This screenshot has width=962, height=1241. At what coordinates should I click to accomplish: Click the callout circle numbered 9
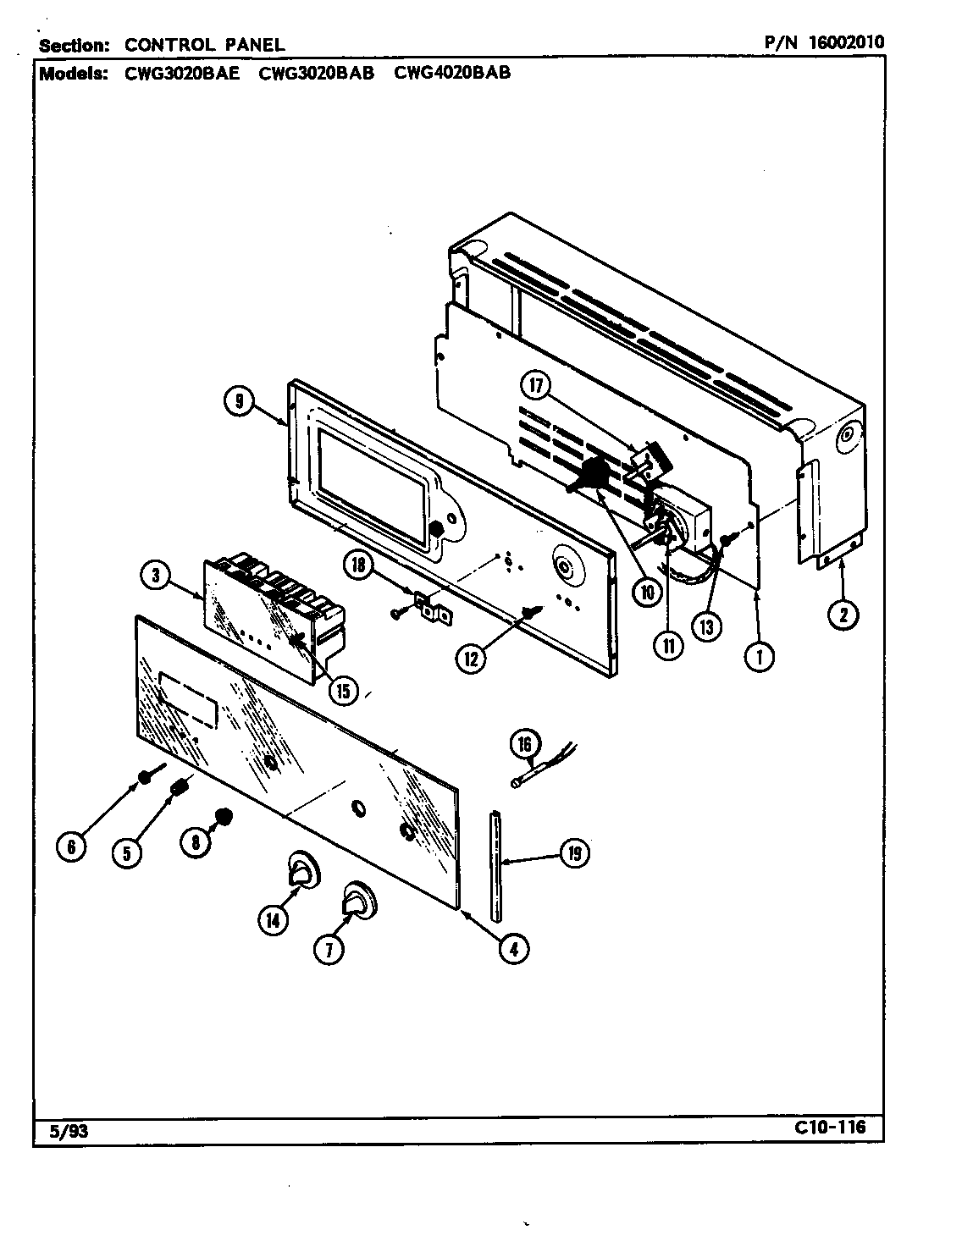click(240, 403)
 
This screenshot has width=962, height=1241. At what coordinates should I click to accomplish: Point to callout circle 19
click(574, 853)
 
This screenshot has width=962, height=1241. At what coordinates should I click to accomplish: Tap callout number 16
click(524, 745)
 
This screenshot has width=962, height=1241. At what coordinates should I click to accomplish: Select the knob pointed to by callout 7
click(360, 900)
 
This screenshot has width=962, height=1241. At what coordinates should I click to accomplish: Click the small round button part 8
click(224, 817)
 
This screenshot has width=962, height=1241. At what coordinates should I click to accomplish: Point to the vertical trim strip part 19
click(495, 863)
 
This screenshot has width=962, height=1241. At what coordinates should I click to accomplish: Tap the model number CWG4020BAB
click(452, 73)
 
